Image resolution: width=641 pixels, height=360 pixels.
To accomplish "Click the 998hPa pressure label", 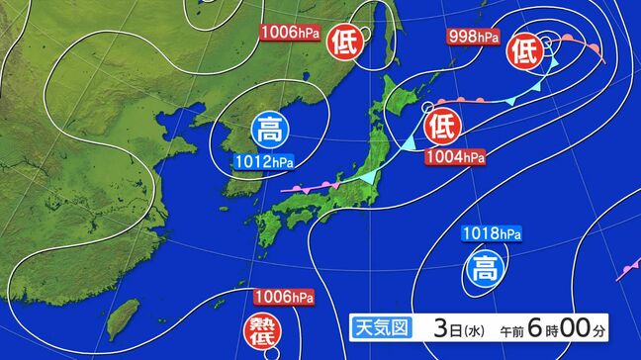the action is click(x=473, y=38).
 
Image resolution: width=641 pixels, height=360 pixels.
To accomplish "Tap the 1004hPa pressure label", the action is click(x=455, y=157).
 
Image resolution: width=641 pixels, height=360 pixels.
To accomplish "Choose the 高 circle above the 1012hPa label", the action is click(x=268, y=129).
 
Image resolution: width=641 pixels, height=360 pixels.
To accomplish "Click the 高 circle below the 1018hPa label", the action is click(x=484, y=267).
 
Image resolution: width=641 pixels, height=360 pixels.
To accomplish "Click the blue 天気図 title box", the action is click(x=382, y=327).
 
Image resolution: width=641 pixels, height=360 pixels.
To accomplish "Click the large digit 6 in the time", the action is click(x=542, y=326).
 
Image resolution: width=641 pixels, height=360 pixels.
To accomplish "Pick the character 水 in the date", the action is click(x=470, y=328).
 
